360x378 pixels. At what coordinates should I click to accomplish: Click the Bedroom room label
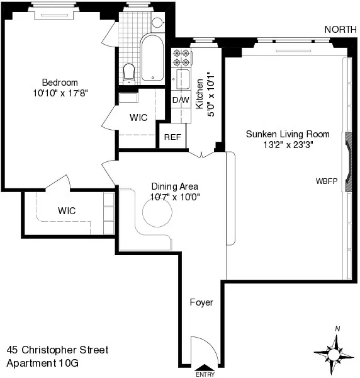tap(60, 83)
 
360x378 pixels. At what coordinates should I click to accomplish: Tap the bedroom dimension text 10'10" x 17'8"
tap(61, 93)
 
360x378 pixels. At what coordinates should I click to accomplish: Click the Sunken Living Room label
tap(279, 134)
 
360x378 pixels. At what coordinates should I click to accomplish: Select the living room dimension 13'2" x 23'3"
tap(279, 144)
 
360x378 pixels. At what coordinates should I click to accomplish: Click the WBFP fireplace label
tap(327, 181)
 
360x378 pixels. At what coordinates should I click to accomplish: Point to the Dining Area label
tap(175, 186)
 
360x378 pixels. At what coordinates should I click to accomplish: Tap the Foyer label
tap(201, 302)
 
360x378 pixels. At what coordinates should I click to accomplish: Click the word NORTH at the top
tap(341, 29)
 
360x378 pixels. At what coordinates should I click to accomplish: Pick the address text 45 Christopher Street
tap(57, 350)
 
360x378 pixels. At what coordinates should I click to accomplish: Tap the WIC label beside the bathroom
tap(138, 117)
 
